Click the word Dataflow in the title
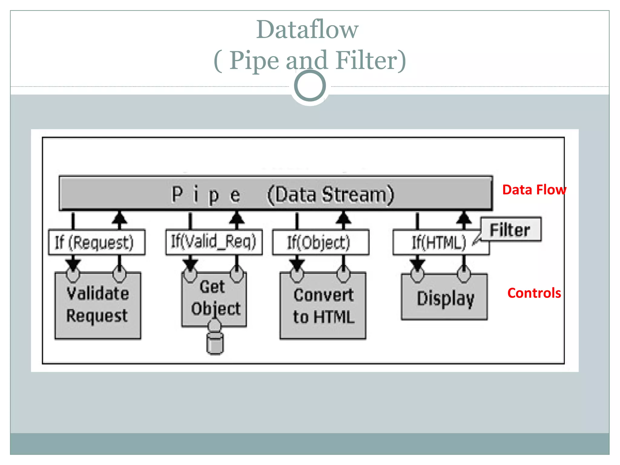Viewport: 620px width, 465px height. pyautogui.click(x=307, y=29)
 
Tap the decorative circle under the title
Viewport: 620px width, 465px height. pyautogui.click(x=310, y=86)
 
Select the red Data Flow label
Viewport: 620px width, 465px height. pyautogui.click(x=534, y=190)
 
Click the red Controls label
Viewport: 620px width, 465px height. pyautogui.click(x=534, y=293)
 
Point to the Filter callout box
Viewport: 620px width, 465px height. pyautogui.click(x=510, y=229)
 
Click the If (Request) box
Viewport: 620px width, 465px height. pyautogui.click(x=97, y=242)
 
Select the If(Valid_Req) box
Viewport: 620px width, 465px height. pyautogui.click(x=214, y=242)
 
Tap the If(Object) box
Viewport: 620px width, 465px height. pyautogui.click(x=320, y=242)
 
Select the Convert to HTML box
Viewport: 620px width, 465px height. pyautogui.click(x=323, y=306)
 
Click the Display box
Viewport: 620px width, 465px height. pyautogui.click(x=444, y=298)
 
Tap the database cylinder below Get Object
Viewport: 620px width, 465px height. pyautogui.click(x=215, y=344)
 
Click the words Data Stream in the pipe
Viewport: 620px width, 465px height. pyautogui.click(x=331, y=194)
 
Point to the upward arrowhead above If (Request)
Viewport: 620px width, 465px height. pyautogui.click(x=119, y=217)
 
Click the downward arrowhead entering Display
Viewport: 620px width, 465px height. pyautogui.click(x=417, y=265)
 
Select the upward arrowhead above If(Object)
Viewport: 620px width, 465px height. pyautogui.click(x=343, y=217)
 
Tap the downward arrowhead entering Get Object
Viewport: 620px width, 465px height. pyautogui.click(x=190, y=265)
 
